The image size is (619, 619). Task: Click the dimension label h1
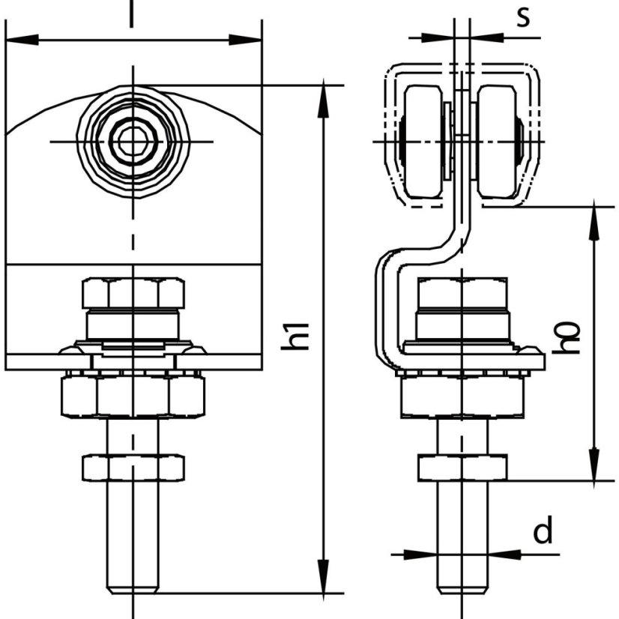(295, 336)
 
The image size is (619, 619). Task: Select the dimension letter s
(524, 18)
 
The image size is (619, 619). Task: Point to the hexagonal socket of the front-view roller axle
(133, 142)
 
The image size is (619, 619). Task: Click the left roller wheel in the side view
(423, 142)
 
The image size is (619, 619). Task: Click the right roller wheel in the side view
(497, 142)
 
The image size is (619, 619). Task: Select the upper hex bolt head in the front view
(133, 293)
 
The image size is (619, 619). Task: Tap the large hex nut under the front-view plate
(133, 396)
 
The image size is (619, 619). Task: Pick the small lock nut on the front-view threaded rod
(133, 468)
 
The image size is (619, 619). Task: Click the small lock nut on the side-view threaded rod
(462, 468)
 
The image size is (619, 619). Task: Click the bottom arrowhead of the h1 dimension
(323, 576)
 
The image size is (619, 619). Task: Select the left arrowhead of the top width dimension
(22, 40)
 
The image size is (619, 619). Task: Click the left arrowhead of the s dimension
(438, 38)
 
